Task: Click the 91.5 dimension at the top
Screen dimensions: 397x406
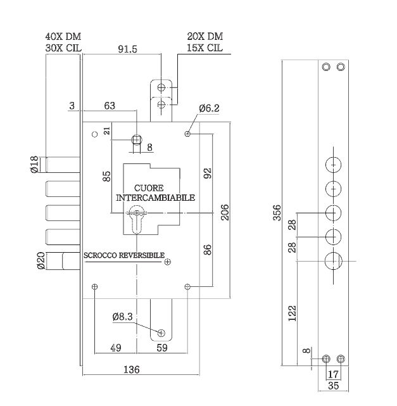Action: [127, 49]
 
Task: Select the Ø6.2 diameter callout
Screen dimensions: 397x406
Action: [209, 108]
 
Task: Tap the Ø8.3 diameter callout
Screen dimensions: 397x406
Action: [122, 317]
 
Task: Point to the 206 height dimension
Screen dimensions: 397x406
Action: [225, 212]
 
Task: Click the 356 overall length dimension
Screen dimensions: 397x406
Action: [277, 213]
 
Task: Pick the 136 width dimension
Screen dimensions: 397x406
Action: [132, 369]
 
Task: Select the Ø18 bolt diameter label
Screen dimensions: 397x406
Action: [34, 165]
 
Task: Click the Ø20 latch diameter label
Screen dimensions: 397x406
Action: [41, 260]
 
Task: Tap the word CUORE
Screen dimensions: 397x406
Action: [149, 188]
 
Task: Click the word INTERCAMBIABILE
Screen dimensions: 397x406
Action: [155, 198]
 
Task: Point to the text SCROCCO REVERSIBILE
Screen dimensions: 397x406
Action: [124, 255]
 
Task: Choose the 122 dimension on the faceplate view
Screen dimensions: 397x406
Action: [292, 314]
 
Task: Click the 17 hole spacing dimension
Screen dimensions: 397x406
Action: [333, 374]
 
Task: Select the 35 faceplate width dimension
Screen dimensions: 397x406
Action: [333, 386]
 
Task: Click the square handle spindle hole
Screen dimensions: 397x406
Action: [137, 140]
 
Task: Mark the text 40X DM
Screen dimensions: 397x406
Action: [63, 37]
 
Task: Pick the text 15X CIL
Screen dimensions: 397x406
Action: [205, 48]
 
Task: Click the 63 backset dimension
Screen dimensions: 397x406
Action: [110, 106]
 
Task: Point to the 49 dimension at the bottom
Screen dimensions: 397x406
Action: [116, 348]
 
